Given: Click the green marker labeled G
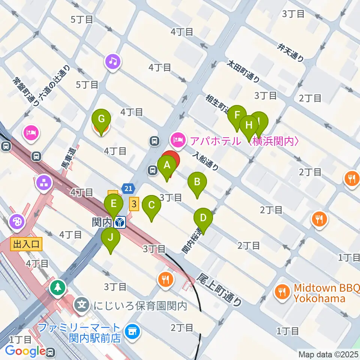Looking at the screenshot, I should click(101, 119).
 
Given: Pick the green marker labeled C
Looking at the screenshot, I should click(151, 205).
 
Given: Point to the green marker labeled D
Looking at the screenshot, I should click(203, 218).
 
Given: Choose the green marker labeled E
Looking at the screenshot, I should click(114, 205).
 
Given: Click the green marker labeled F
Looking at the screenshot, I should click(237, 115).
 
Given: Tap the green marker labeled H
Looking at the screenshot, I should click(249, 124).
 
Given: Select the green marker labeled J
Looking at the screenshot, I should click(111, 237).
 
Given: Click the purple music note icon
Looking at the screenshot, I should click(113, 60).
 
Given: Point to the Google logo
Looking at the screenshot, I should click(25, 351).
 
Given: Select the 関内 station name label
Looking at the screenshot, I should click(102, 223).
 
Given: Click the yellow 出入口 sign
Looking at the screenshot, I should click(26, 245).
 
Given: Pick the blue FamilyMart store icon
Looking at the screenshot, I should click(132, 331).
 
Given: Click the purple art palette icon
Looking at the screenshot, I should click(17, 221).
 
